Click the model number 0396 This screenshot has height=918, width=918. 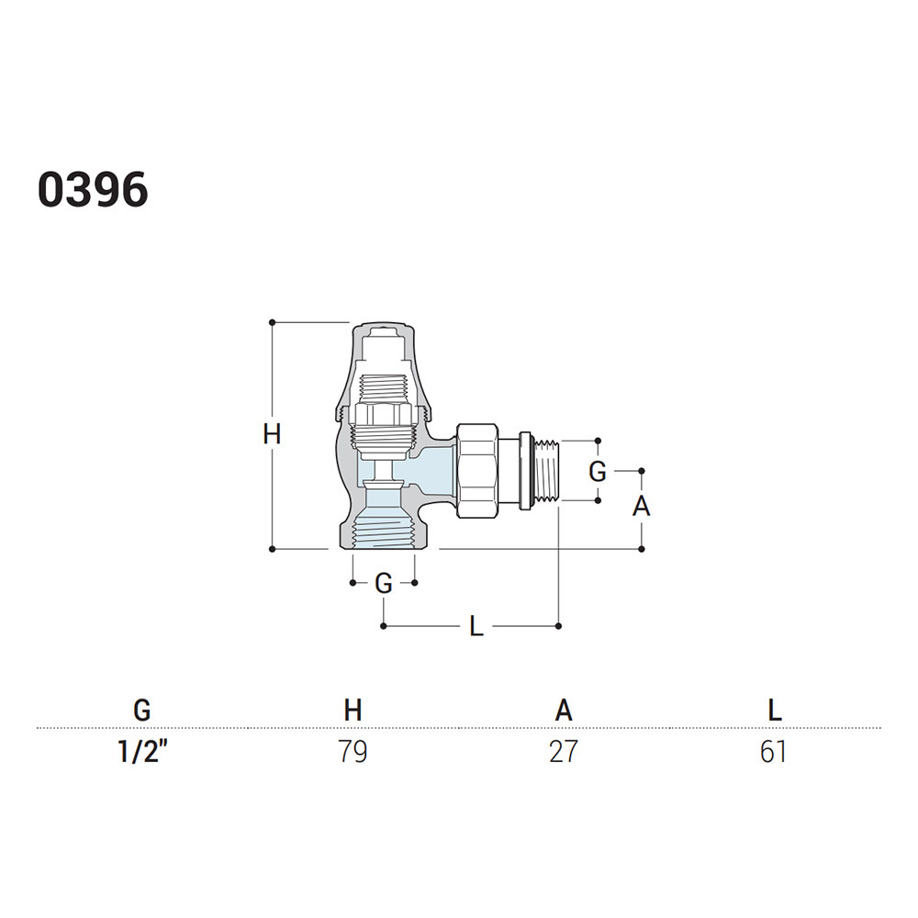pyautogui.click(x=93, y=190)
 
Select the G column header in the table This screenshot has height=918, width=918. pyautogui.click(x=142, y=711)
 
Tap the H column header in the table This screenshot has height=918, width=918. pyautogui.click(x=353, y=711)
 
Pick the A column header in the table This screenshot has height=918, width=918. pyautogui.click(x=564, y=711)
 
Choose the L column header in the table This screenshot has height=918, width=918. pyautogui.click(x=774, y=711)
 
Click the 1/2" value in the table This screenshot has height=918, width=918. pyautogui.click(x=142, y=751)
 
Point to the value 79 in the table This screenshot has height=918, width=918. pyautogui.click(x=353, y=752)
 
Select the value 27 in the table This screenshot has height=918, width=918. pyautogui.click(x=564, y=752)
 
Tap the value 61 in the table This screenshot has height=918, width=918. pyautogui.click(x=773, y=752)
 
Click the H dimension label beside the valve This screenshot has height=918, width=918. pyautogui.click(x=272, y=435)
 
